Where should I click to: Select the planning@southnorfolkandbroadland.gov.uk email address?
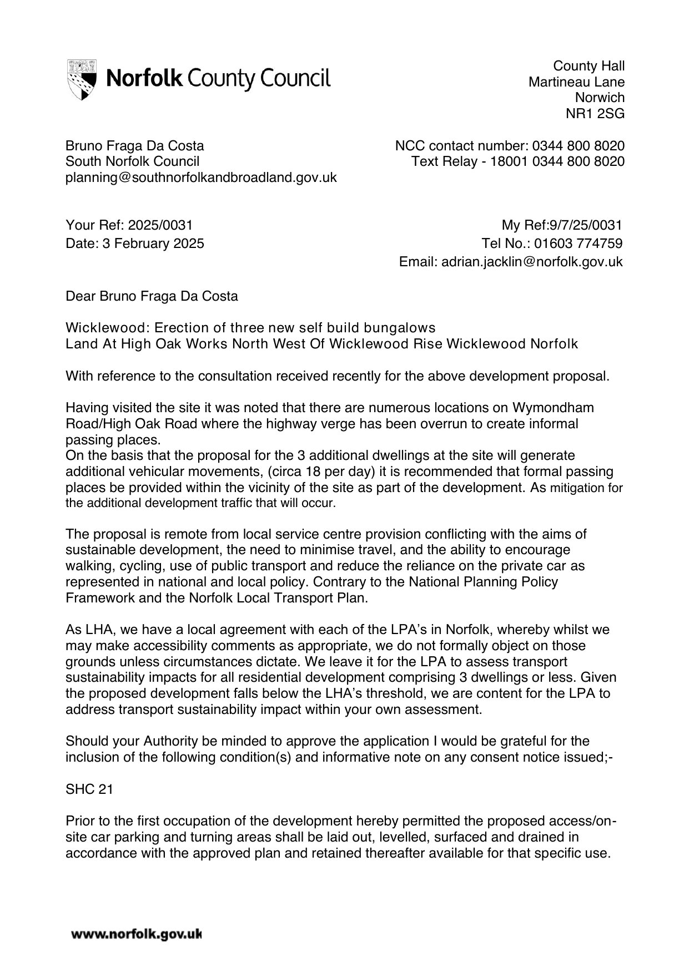point(201,178)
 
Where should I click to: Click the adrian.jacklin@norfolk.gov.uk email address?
point(531,262)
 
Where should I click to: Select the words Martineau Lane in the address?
point(576,82)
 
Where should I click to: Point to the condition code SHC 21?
point(89,789)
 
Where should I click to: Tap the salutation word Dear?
point(81,296)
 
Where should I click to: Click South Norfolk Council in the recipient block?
point(132,161)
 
